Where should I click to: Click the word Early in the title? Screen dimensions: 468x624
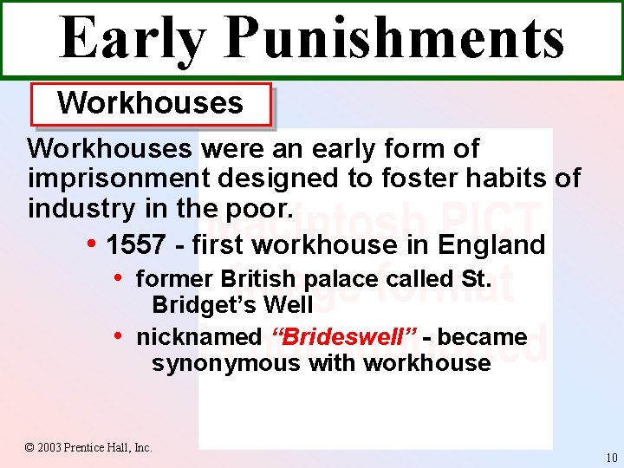(x=133, y=39)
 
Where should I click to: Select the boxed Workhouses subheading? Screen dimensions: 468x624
(x=151, y=103)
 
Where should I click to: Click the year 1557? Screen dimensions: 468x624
(x=135, y=245)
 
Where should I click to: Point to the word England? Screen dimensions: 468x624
(x=491, y=245)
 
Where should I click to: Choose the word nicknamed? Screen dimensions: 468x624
(x=199, y=337)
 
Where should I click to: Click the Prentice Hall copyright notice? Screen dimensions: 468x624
(x=88, y=447)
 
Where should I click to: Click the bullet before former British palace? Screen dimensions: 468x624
(x=120, y=278)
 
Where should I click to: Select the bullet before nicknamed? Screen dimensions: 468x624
(x=120, y=335)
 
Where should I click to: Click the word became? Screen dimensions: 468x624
(x=484, y=337)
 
